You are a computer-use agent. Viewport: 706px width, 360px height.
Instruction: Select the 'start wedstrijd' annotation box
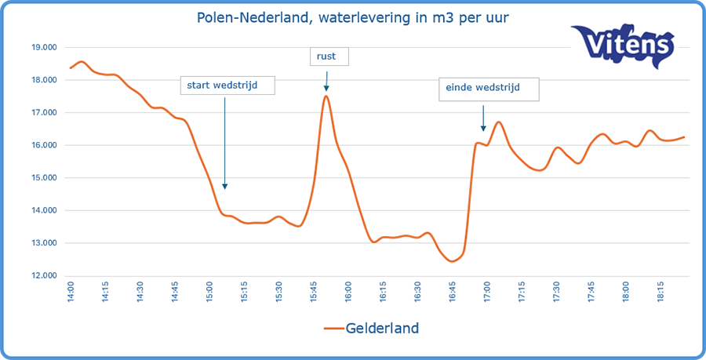[x=227, y=84]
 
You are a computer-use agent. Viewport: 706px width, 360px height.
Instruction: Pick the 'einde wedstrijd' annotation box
[x=489, y=89]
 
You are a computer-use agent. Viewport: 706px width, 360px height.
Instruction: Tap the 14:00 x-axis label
[x=71, y=293]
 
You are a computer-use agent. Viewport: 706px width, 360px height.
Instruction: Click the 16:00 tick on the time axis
[x=348, y=293]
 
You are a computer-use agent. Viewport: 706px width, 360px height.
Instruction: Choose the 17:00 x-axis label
[x=487, y=293]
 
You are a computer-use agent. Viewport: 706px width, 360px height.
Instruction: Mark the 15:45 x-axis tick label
[x=314, y=293]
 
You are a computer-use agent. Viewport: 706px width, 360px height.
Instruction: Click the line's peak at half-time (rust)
[x=326, y=96]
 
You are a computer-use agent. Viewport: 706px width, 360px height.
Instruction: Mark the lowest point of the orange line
[x=452, y=261]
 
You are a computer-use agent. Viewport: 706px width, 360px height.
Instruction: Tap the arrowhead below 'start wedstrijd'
[x=225, y=186]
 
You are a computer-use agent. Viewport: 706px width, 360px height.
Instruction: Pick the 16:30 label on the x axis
[x=417, y=293]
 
